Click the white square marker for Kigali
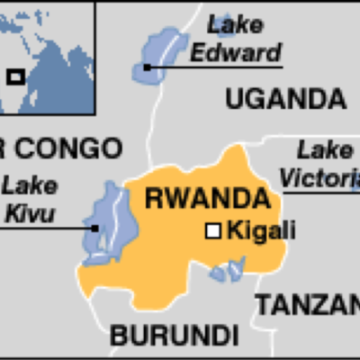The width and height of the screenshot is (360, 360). point(213,231)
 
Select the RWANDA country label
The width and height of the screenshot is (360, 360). point(206,197)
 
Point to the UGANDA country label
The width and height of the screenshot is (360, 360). point(285,98)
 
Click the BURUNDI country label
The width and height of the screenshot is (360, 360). point(174,337)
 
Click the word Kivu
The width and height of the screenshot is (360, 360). point(29,214)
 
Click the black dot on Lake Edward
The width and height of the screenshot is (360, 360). point(147,66)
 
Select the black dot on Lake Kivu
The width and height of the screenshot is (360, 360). point(94,228)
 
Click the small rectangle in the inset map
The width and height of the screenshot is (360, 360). point(15,76)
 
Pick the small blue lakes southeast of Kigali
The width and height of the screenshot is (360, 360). point(228,269)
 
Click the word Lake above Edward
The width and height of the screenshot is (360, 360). point(229,25)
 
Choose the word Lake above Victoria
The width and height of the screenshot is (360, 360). point(325,149)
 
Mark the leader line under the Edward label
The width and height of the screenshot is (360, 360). point(216,66)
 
